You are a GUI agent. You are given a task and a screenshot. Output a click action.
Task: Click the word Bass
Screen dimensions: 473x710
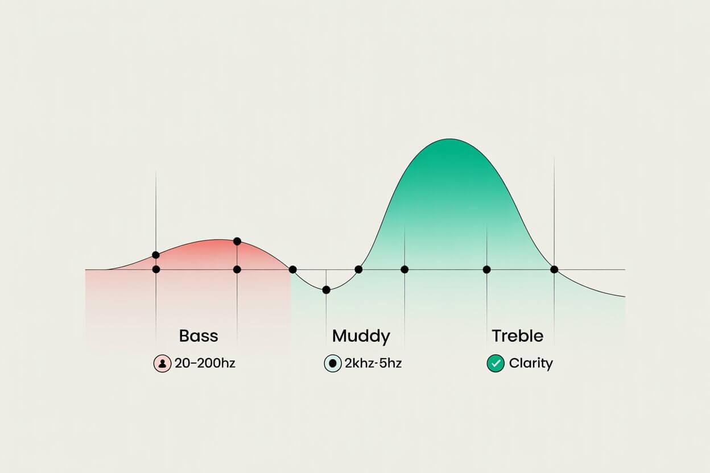pyautogui.click(x=199, y=335)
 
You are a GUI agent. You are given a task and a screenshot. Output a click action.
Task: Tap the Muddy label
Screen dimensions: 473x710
pyautogui.click(x=361, y=336)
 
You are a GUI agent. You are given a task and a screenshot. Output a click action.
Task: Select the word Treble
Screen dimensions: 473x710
pyautogui.click(x=517, y=335)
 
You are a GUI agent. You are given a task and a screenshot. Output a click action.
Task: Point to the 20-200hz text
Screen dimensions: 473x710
pyautogui.click(x=205, y=363)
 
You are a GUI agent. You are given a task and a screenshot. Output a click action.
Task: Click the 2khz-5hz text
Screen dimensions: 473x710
pyautogui.click(x=373, y=363)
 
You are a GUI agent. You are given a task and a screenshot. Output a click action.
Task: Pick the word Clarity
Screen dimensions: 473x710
pyautogui.click(x=531, y=363)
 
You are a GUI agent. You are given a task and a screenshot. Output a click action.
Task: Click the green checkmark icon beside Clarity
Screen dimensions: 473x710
pyautogui.click(x=496, y=363)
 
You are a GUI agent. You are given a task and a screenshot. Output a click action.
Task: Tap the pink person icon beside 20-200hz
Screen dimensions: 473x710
pyautogui.click(x=162, y=363)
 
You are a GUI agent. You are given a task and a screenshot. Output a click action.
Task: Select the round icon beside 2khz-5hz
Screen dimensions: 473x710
pyautogui.click(x=332, y=363)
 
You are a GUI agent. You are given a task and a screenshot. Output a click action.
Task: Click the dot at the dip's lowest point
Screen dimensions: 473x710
pyautogui.click(x=326, y=290)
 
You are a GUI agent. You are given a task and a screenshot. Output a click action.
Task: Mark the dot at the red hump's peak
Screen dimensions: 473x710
pyautogui.click(x=237, y=242)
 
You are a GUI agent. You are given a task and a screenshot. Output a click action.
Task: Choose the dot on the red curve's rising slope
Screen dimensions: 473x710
pyautogui.click(x=156, y=255)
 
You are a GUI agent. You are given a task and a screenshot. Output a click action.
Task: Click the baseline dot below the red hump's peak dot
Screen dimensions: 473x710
pyautogui.click(x=237, y=269)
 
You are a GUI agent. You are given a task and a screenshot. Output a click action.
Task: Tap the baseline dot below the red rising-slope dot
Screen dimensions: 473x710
pyautogui.click(x=156, y=269)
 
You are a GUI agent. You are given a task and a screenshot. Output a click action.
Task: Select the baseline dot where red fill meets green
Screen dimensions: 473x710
pyautogui.click(x=292, y=269)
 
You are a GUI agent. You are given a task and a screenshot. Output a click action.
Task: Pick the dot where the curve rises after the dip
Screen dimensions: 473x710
pyautogui.click(x=358, y=269)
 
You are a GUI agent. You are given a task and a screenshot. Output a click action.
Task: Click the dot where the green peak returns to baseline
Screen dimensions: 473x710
pyautogui.click(x=554, y=269)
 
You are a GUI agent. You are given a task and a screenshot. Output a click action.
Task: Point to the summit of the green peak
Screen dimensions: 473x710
pyautogui.click(x=449, y=139)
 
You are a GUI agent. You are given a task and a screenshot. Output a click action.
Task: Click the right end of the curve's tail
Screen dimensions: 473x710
pyautogui.click(x=624, y=296)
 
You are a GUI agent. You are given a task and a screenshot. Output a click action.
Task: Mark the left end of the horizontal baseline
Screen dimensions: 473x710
pyautogui.click(x=86, y=269)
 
